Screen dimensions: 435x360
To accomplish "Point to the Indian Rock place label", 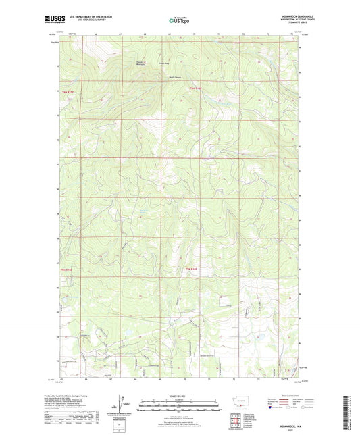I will [x=163, y=64].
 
